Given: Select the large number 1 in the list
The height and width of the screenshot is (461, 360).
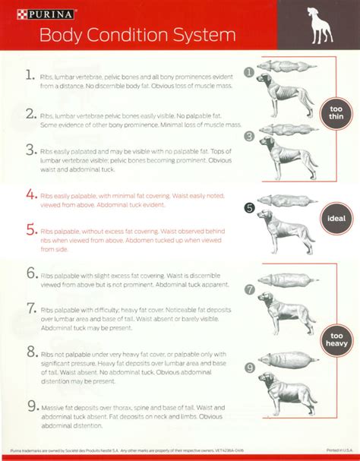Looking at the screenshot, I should (x=30, y=77).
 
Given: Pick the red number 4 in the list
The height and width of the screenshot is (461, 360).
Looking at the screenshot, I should (x=30, y=194).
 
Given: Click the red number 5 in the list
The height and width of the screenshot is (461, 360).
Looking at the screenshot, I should (x=30, y=228).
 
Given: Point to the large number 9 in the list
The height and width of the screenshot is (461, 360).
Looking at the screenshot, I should (x=30, y=406).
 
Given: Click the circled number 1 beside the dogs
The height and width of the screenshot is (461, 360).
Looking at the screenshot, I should (x=248, y=73).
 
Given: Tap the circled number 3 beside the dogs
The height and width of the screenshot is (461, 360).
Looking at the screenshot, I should (x=248, y=136).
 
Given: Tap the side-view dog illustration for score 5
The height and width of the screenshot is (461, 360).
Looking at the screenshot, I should (x=289, y=239).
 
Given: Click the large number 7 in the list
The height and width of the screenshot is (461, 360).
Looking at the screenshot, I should (x=30, y=308).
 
